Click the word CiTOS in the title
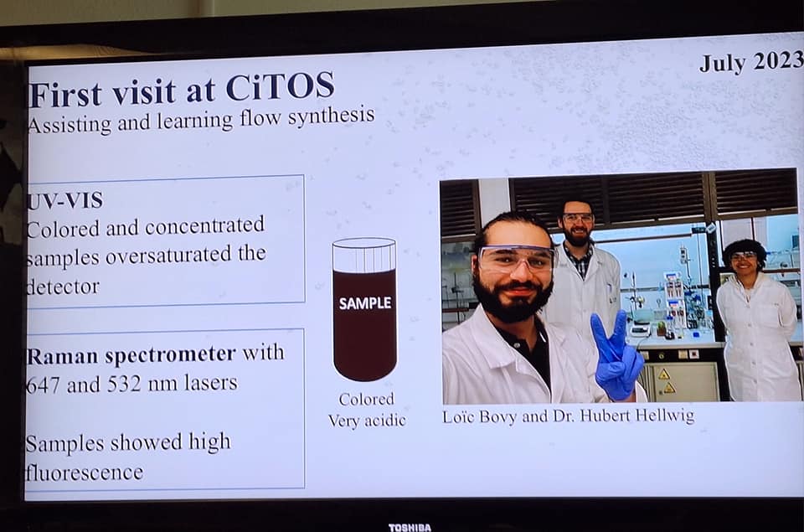click(280, 87)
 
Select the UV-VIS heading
click(65, 200)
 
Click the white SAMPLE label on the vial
click(365, 302)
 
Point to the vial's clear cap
click(364, 255)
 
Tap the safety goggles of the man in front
click(517, 259)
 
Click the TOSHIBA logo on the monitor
click(410, 527)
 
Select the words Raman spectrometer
click(131, 355)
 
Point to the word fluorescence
click(85, 473)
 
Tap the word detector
click(63, 287)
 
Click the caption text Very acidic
click(367, 421)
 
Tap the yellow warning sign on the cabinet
click(664, 374)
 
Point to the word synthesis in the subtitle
click(332, 116)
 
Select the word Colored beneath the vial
click(367, 399)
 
